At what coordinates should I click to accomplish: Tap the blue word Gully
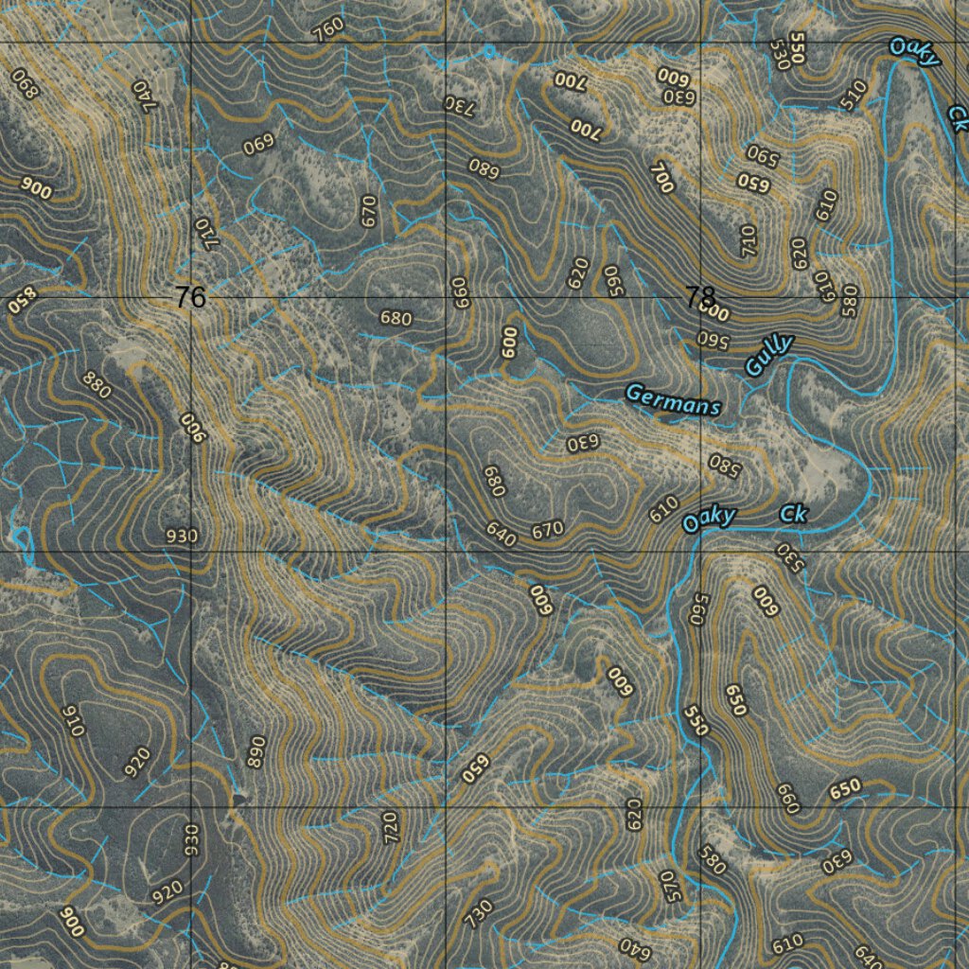click(x=768, y=356)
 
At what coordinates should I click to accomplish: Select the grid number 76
click(x=190, y=298)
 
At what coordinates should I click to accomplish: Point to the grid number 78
click(x=700, y=298)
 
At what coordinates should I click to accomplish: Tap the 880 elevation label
click(x=97, y=386)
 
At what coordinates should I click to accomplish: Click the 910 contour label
click(x=72, y=721)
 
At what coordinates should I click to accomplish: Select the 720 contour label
click(x=391, y=827)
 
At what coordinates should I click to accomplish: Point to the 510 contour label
click(x=854, y=95)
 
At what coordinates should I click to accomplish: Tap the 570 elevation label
click(x=670, y=887)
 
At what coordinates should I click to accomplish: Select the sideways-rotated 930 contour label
click(x=192, y=837)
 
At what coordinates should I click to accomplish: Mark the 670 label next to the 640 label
click(x=548, y=530)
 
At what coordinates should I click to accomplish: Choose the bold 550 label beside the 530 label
click(x=798, y=49)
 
